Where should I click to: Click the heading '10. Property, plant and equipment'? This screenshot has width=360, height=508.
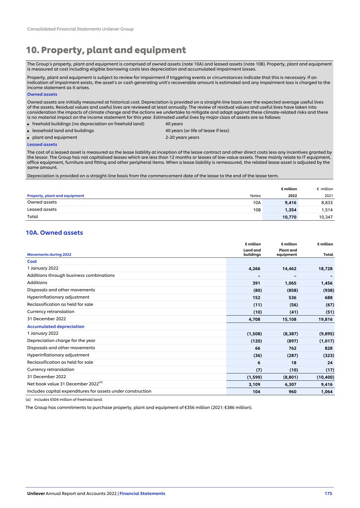click(x=106, y=50)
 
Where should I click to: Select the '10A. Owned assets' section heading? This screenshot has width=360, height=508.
click(x=54, y=233)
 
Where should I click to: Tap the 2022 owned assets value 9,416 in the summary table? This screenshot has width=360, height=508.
click(x=290, y=203)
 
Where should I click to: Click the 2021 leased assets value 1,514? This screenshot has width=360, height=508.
click(x=327, y=210)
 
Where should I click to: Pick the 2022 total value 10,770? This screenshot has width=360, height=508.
click(x=289, y=217)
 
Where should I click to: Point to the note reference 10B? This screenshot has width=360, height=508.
click(x=257, y=210)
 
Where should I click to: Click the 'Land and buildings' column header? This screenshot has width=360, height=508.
click(x=252, y=252)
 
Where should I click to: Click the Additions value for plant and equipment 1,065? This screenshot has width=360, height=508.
click(x=290, y=283)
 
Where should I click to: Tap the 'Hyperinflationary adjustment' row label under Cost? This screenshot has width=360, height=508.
click(x=58, y=297)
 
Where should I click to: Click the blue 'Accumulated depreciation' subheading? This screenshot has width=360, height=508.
click(x=56, y=326)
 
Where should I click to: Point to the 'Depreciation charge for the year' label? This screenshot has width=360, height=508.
click(x=61, y=341)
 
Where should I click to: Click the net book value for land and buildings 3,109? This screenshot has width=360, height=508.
click(x=254, y=384)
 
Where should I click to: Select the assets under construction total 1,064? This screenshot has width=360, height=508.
click(x=327, y=392)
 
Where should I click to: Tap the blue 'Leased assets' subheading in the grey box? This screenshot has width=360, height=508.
click(x=42, y=144)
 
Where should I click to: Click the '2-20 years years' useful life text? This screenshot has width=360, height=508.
click(x=182, y=137)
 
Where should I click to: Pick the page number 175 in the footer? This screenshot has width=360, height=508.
click(x=328, y=493)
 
